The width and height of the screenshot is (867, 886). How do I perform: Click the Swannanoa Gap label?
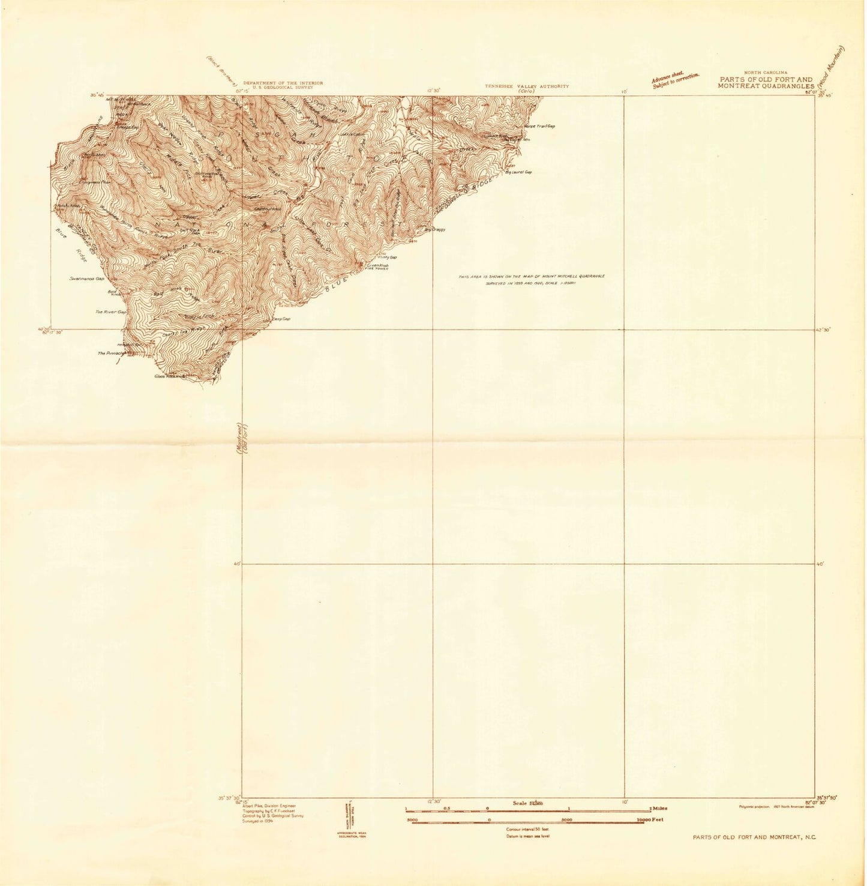point(87,279)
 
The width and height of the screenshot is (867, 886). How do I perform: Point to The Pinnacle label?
point(112,354)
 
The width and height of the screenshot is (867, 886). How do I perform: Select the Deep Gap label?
point(281,319)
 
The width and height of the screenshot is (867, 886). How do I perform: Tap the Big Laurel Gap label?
point(521,172)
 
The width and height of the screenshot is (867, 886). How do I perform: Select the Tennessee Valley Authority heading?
point(527,86)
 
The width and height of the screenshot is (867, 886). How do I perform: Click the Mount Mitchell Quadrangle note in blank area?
point(531,279)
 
